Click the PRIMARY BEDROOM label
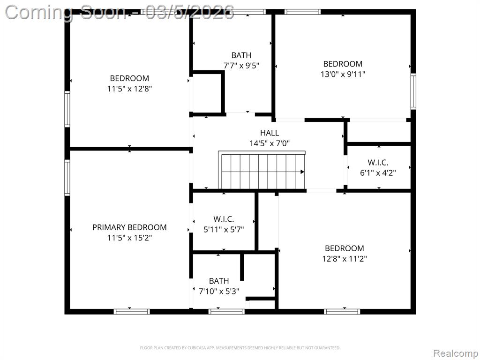[x=129, y=227]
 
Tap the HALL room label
[x=270, y=133]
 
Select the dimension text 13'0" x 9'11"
[x=343, y=74]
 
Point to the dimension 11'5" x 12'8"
[x=129, y=89]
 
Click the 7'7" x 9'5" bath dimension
[x=241, y=66]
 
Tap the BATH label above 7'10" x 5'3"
[x=219, y=281]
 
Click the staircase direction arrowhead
[x=302, y=172]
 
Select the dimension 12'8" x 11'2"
[x=345, y=259]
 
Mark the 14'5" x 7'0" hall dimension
[x=270, y=143]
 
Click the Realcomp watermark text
[x=456, y=353]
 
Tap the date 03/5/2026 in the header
[x=190, y=13]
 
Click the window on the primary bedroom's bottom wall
[x=132, y=312]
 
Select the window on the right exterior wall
[x=413, y=91]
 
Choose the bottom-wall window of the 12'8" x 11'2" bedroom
[x=342, y=312]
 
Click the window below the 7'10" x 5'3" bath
[x=226, y=312]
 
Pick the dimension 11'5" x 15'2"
[x=129, y=238]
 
